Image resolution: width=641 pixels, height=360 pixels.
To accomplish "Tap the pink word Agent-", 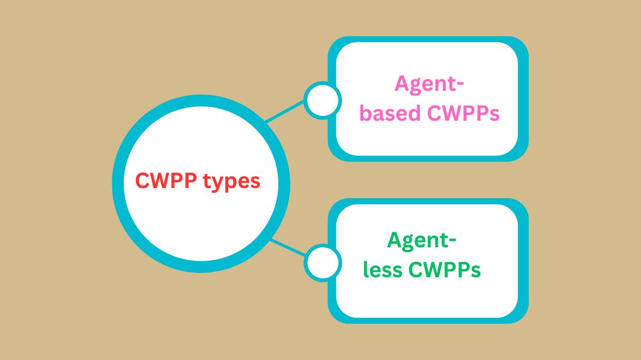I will click(429, 85).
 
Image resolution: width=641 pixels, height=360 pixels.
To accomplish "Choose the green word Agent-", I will click(421, 241).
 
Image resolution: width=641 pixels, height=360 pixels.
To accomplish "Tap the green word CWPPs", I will click(444, 270).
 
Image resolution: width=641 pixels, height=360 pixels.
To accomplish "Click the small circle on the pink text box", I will click(323, 100).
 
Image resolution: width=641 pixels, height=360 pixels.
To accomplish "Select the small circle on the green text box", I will click(323, 262).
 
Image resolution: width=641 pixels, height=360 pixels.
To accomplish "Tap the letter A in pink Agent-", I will click(402, 84).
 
